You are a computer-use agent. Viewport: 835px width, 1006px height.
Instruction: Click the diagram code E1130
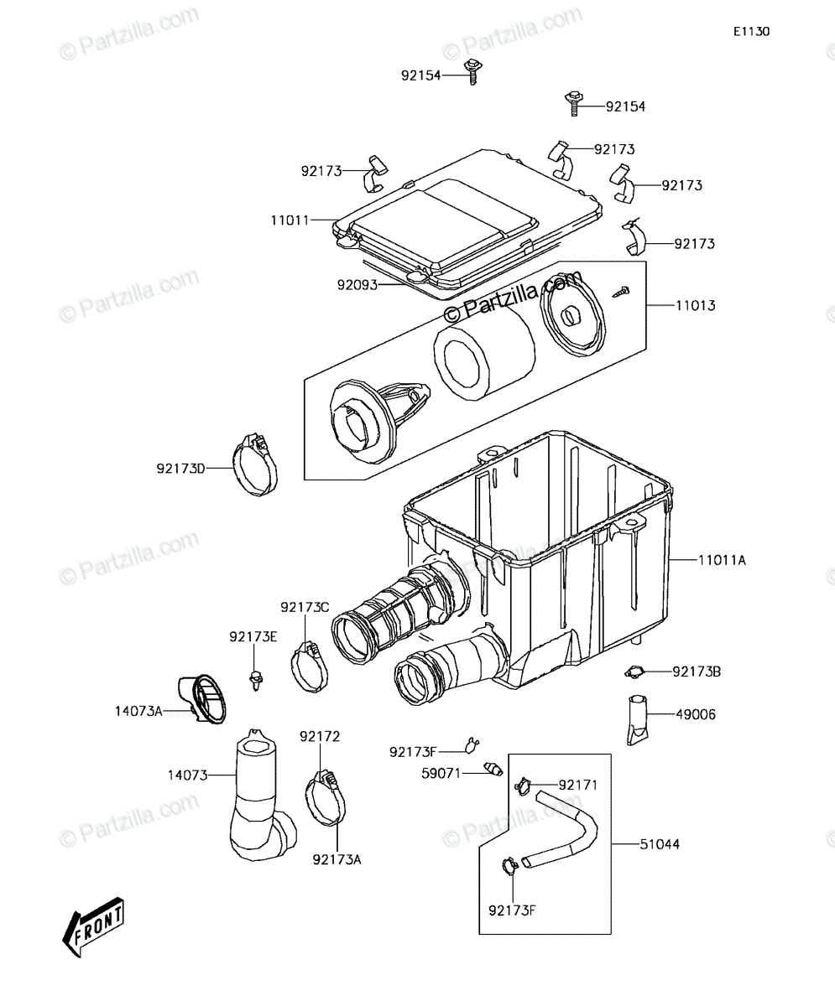pyautogui.click(x=752, y=32)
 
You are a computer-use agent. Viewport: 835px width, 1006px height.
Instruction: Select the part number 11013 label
pyautogui.click(x=695, y=305)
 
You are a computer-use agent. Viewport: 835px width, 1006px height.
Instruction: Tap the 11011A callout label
pyautogui.click(x=722, y=560)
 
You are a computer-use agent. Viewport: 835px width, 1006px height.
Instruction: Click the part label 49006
pyautogui.click(x=696, y=714)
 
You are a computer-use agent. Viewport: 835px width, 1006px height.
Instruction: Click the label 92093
pyautogui.click(x=357, y=285)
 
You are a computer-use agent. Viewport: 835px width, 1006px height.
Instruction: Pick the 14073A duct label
pyautogui.click(x=138, y=711)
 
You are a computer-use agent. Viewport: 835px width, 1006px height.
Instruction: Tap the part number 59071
pyautogui.click(x=441, y=773)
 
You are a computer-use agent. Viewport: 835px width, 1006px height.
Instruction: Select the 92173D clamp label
pyautogui.click(x=181, y=469)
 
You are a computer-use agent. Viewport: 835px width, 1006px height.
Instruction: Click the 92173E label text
pyautogui.click(x=253, y=637)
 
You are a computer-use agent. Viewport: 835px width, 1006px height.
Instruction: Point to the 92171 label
pyautogui.click(x=578, y=785)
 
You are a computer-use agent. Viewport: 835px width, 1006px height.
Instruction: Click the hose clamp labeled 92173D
pyautogui.click(x=255, y=464)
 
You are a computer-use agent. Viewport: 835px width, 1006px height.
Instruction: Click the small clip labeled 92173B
pyautogui.click(x=634, y=672)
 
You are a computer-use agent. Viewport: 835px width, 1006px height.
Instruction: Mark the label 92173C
pyautogui.click(x=305, y=608)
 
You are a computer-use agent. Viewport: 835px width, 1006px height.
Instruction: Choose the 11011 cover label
pyautogui.click(x=290, y=220)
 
